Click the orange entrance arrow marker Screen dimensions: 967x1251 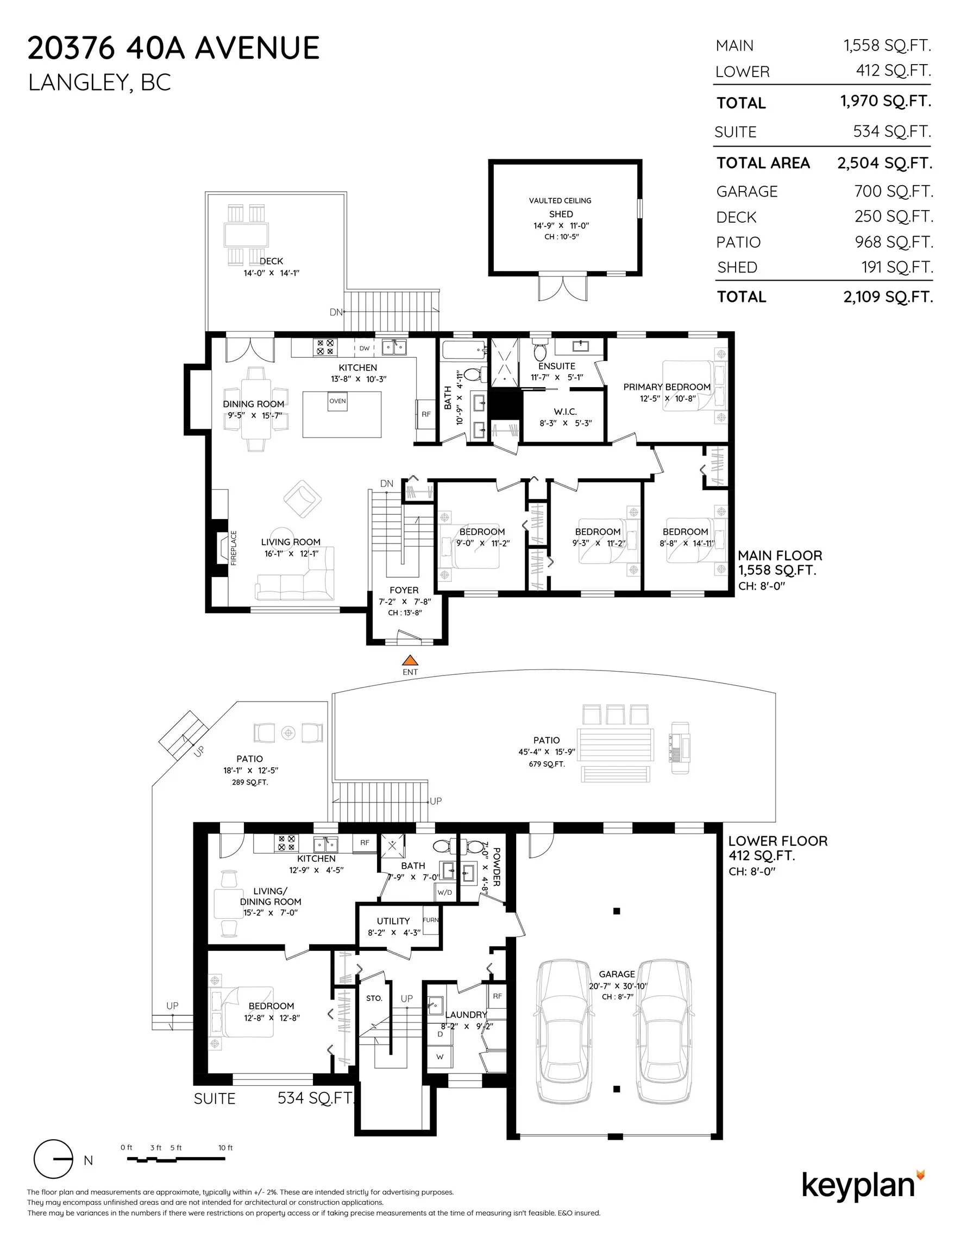point(410,660)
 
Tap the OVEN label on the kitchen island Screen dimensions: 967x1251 point(337,401)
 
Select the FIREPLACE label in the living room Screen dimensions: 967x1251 point(233,548)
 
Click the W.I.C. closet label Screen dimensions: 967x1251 point(565,412)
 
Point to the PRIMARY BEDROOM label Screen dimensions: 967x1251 point(667,387)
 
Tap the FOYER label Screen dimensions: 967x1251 point(404,590)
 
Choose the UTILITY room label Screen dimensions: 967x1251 point(393,921)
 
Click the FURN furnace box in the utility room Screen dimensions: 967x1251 point(430,920)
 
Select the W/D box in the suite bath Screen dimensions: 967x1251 point(445,892)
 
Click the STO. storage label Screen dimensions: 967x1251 point(374,999)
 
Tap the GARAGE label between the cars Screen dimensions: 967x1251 point(617,974)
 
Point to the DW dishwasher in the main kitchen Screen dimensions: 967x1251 point(365,348)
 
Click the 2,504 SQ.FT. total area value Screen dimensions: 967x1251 point(884,163)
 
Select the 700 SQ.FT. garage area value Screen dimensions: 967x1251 point(894,191)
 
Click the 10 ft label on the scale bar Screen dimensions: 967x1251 point(225,1148)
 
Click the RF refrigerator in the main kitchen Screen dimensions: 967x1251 point(426,414)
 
